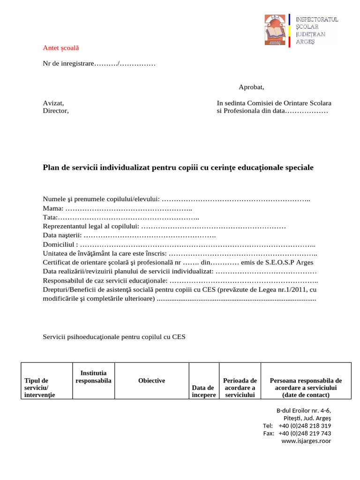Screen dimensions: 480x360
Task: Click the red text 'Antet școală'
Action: pos(61,48)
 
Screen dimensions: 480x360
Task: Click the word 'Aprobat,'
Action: pos(251,87)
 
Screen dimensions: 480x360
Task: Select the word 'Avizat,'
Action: pos(53,103)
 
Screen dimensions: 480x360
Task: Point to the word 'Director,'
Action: pos(56,111)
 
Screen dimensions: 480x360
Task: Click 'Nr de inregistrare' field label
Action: pos(68,63)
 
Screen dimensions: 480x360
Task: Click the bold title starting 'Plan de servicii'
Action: pos(178,167)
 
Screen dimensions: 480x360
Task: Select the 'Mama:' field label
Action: pos(53,209)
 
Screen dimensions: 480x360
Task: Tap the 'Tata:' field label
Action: pos(50,217)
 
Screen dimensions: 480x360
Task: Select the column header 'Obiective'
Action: pos(151,381)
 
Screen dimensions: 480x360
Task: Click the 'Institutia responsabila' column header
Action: pos(93,377)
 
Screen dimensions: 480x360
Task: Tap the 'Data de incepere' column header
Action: pos(203,391)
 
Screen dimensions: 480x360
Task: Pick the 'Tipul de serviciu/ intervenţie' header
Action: pos(39,388)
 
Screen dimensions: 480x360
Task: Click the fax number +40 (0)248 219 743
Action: pos(305,433)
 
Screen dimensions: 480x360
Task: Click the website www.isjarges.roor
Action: pos(306,441)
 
